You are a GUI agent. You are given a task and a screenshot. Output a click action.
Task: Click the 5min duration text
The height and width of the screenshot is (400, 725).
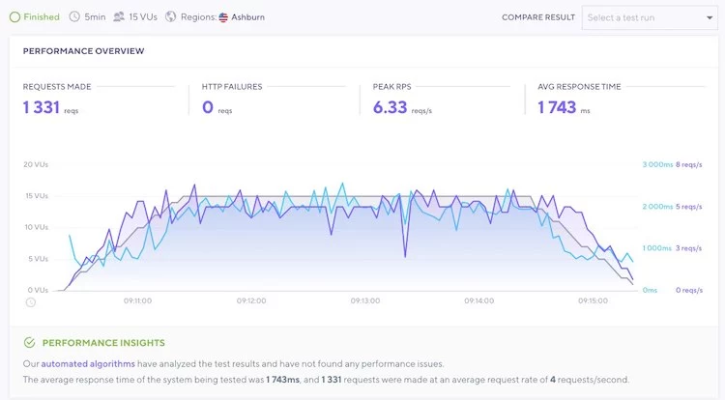tap(95, 16)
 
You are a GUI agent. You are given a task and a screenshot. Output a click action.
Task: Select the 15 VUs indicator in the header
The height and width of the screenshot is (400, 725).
tap(142, 16)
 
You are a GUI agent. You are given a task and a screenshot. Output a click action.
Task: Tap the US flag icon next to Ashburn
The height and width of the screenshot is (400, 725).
tap(223, 16)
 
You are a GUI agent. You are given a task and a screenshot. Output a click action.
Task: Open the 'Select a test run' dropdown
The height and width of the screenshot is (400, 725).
tap(649, 16)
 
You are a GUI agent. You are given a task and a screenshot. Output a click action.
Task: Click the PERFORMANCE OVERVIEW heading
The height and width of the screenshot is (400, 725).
tap(83, 49)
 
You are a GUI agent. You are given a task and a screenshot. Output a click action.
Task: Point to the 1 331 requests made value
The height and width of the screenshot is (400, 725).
tap(42, 107)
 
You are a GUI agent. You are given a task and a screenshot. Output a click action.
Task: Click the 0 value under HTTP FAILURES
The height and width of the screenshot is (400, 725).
tap(207, 107)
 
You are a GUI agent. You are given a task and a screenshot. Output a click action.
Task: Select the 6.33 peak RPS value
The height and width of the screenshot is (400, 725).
tap(391, 107)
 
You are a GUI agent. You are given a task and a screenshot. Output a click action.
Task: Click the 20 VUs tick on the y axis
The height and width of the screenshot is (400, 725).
tap(35, 164)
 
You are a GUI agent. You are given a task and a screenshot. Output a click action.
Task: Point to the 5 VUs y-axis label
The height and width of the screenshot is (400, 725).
tap(37, 258)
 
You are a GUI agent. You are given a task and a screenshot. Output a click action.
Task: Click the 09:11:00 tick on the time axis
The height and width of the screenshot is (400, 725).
tap(137, 300)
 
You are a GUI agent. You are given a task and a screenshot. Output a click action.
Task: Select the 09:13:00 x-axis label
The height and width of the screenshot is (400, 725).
tap(364, 300)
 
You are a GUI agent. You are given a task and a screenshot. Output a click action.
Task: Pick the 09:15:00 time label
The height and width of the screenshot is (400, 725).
tap(593, 300)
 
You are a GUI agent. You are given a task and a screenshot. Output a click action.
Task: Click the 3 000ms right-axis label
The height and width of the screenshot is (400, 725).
tap(656, 164)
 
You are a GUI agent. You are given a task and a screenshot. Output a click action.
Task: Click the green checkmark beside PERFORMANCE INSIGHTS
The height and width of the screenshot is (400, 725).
tap(29, 342)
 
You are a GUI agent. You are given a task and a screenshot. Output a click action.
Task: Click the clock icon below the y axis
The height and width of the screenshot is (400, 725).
tap(30, 301)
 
